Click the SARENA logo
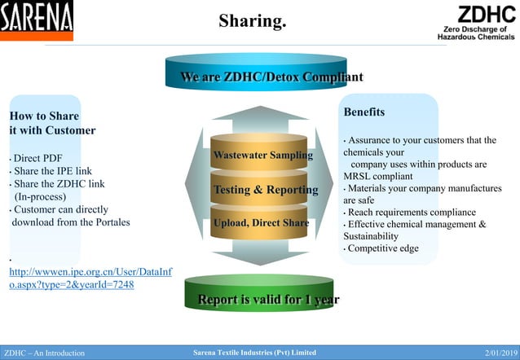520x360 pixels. (36, 20)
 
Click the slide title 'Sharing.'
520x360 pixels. (253, 20)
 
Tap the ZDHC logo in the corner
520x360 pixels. (475, 22)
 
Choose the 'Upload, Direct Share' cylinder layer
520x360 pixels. (261, 222)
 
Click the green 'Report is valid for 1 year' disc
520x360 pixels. (268, 300)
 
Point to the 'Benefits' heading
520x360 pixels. (364, 112)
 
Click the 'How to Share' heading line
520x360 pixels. (44, 116)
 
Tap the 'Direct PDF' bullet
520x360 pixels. (37, 158)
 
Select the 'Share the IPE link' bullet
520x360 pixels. (52, 171)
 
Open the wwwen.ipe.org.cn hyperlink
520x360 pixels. (90, 279)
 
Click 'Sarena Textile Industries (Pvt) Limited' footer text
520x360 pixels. (253, 353)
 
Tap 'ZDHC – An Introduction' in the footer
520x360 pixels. (44, 353)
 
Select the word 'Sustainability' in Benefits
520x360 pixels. (371, 236)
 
